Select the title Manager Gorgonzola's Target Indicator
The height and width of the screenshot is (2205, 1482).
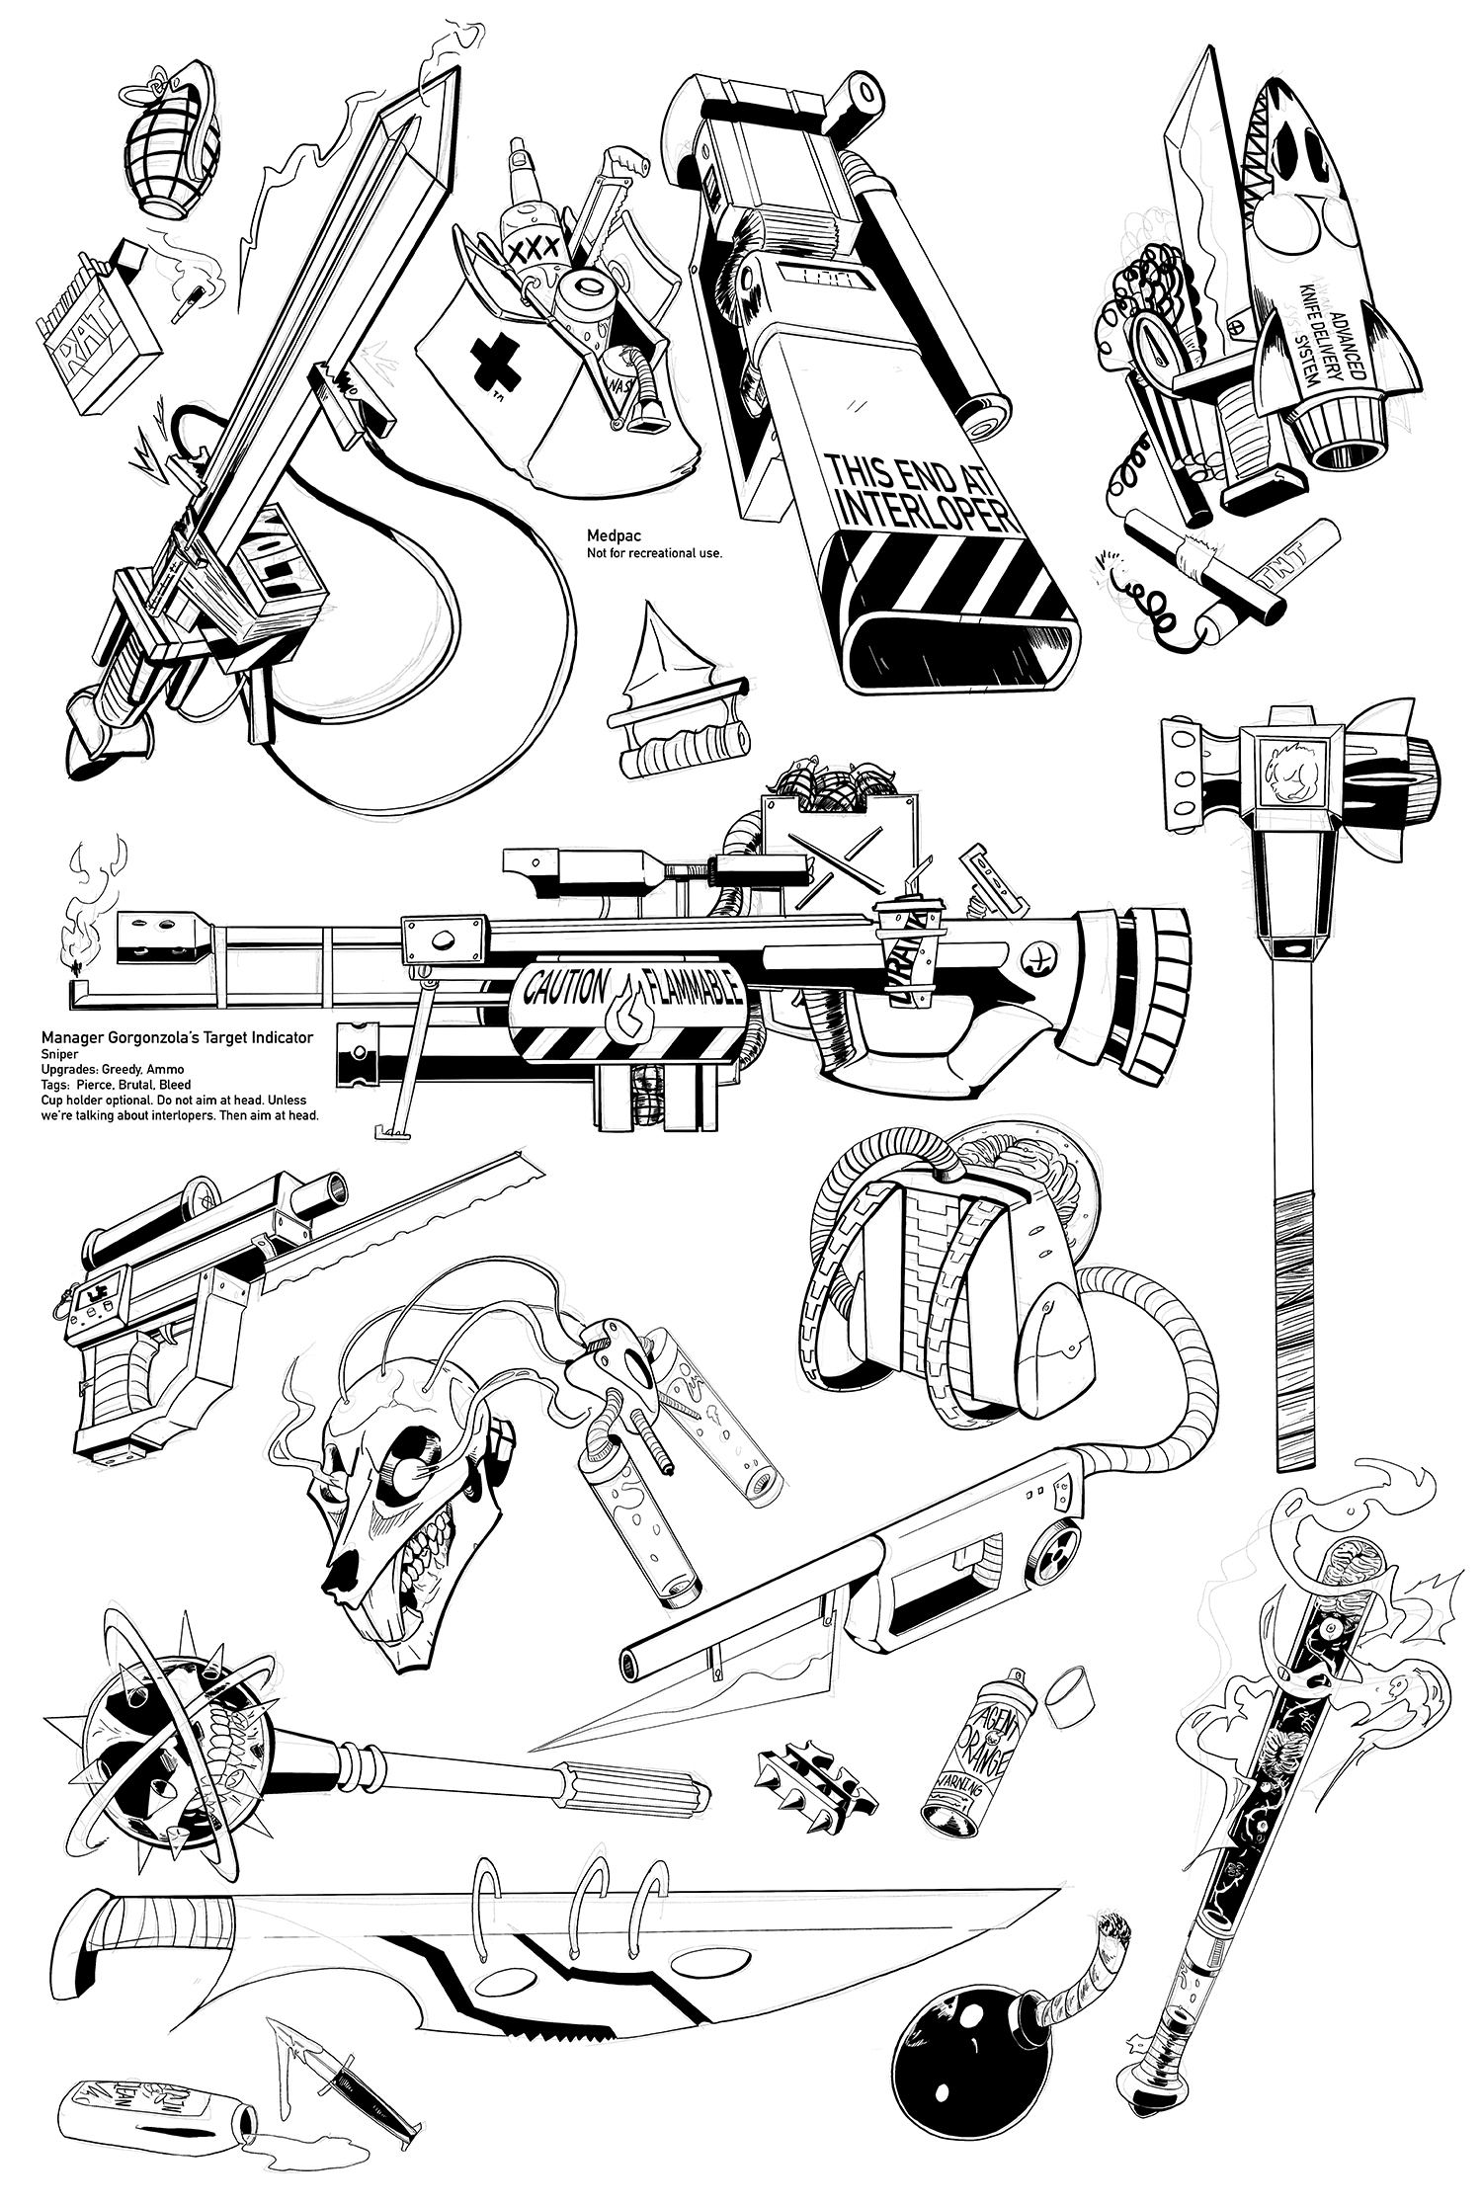pos(177,1037)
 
